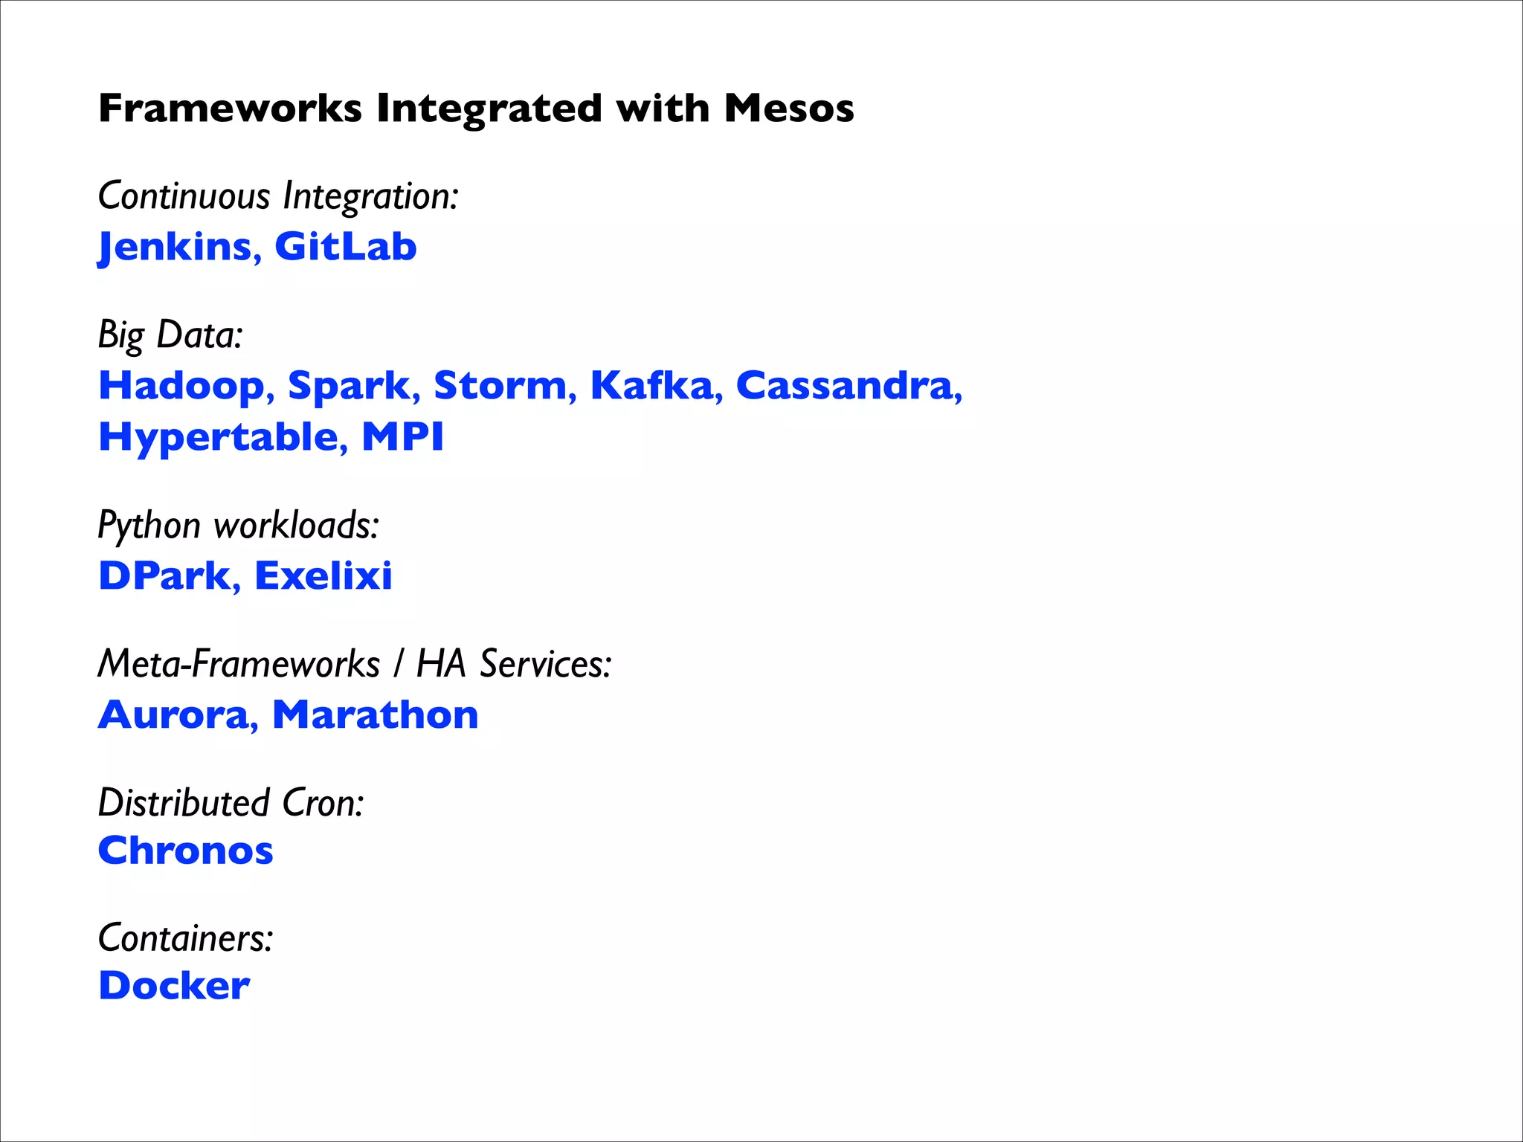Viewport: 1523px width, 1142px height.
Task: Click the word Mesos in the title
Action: [788, 109]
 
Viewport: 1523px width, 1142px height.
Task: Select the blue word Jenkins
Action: [176, 247]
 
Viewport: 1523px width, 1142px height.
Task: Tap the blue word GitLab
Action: [345, 247]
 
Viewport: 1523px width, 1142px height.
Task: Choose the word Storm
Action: [500, 386]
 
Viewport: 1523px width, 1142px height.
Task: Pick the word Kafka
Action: [651, 386]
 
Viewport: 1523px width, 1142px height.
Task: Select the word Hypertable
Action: [217, 437]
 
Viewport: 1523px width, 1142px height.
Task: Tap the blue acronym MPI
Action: [402, 436]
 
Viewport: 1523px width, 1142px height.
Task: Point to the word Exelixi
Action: [323, 576]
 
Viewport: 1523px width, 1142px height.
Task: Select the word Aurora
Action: [173, 715]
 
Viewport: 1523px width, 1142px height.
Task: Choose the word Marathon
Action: [375, 715]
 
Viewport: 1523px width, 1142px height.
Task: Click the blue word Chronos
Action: [186, 851]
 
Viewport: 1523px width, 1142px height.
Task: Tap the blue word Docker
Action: [174, 987]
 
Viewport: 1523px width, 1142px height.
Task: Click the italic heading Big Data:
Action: [170, 335]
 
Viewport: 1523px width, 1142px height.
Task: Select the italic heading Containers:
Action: [185, 938]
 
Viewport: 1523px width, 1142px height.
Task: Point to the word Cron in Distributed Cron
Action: [323, 803]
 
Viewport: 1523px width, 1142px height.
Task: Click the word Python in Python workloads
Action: [149, 526]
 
